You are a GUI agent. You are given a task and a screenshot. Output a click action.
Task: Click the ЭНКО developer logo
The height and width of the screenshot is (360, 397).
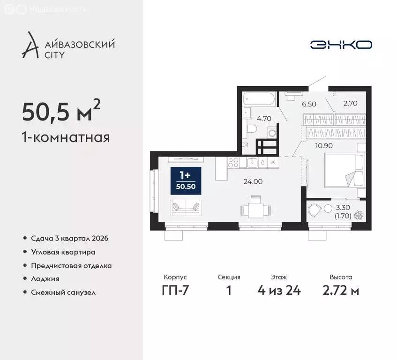(x=341, y=45)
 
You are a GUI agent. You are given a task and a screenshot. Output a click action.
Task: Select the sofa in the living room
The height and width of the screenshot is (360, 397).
(x=186, y=207)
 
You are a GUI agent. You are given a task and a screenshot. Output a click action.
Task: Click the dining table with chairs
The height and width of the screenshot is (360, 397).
(x=255, y=207)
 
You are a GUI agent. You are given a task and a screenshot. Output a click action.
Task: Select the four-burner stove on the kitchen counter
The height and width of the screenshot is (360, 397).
(x=233, y=162)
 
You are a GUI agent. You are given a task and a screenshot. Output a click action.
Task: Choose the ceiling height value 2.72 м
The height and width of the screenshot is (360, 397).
(x=341, y=291)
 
